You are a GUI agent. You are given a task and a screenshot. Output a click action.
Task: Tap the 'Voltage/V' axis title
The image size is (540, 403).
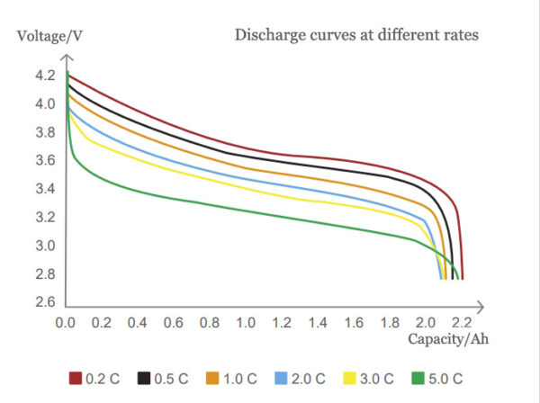[x=45, y=38]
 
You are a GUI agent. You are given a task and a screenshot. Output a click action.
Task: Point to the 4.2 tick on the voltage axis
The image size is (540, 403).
[x=46, y=76]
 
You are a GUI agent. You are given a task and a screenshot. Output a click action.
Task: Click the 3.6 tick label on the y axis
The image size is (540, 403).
[x=46, y=160]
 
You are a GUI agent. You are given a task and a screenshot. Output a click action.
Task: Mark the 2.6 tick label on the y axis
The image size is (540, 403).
[x=46, y=301]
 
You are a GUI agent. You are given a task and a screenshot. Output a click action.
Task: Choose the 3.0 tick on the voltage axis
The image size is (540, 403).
[x=46, y=246]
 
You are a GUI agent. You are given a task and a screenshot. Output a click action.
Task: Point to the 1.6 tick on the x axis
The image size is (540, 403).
[x=355, y=321]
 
